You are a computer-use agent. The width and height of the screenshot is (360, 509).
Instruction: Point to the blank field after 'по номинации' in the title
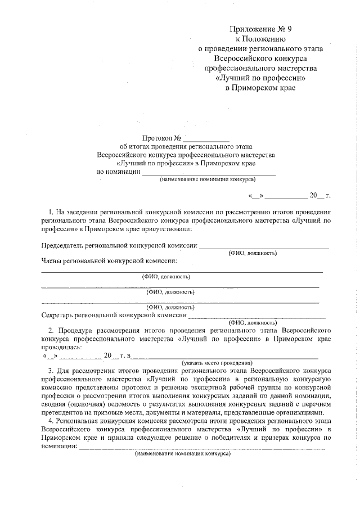[x=208, y=173]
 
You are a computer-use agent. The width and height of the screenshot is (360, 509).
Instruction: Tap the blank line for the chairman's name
[x=264, y=247]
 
